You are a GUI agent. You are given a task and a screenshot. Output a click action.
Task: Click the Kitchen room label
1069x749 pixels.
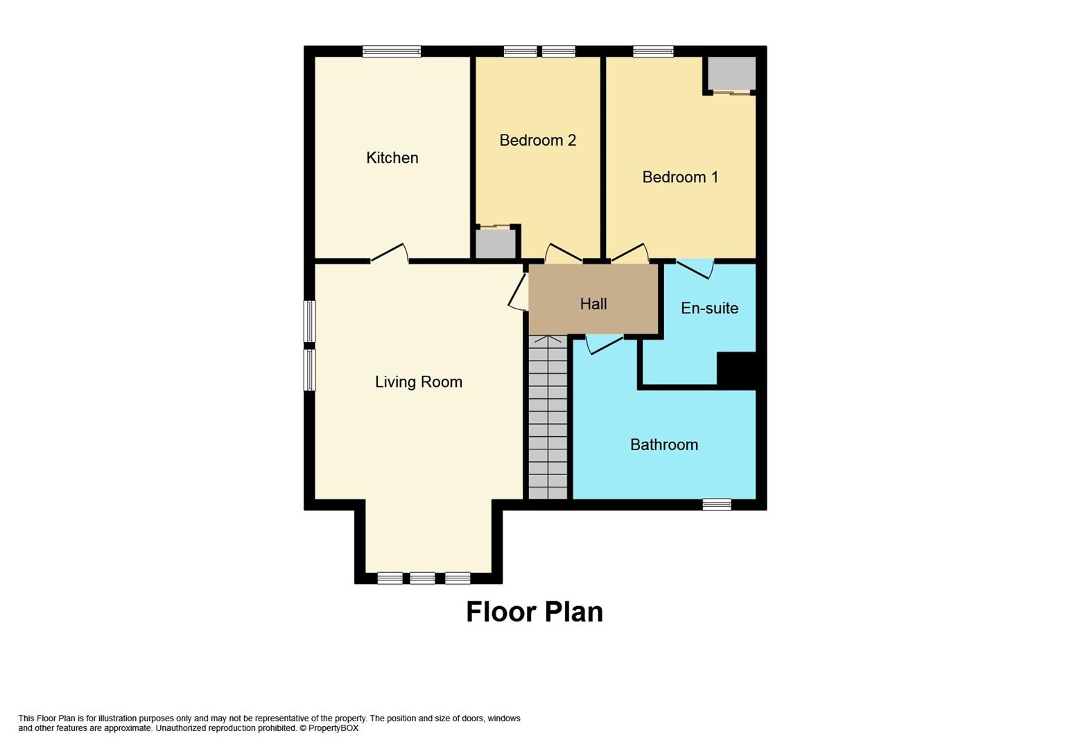[392, 158]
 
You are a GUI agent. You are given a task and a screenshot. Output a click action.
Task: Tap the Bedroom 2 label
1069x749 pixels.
[537, 141]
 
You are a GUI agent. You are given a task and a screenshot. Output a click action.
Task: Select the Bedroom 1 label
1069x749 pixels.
[679, 178]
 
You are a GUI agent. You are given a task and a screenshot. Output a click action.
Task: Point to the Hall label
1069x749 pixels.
[593, 304]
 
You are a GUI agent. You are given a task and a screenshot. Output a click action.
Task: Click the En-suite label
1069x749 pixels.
[709, 309]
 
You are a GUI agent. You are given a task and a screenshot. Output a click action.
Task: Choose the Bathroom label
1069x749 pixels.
[663, 445]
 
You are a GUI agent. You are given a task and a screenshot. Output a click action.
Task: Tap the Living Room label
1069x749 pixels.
[418, 382]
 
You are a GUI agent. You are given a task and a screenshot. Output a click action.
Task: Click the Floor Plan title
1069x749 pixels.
[534, 612]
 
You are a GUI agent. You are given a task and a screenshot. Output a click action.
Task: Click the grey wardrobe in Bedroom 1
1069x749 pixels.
[731, 74]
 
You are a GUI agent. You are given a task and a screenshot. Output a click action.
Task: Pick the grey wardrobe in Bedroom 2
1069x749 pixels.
[495, 243]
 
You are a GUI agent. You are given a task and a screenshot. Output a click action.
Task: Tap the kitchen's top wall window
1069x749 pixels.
[392, 51]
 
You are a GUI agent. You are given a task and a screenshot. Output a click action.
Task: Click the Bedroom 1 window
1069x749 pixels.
[652, 51]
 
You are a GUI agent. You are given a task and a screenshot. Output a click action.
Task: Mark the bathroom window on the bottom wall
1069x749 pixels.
[716, 505]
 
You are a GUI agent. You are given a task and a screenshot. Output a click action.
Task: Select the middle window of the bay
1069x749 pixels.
[422, 578]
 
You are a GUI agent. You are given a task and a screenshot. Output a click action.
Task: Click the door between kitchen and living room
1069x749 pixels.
[389, 254]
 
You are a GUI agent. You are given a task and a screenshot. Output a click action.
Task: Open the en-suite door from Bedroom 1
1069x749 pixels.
[695, 268]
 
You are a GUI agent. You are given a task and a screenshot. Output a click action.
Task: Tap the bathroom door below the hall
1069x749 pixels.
[605, 344]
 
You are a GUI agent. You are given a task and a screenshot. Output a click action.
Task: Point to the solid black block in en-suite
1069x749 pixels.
[736, 370]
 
